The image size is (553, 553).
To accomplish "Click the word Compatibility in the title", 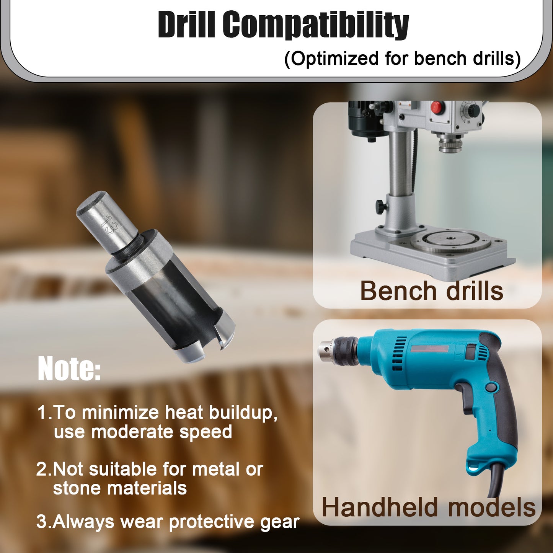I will [x=316, y=25].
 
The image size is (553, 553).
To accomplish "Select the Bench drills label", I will [x=431, y=292].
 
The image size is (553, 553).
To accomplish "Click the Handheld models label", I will [x=428, y=507].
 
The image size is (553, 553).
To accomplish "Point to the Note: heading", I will [x=69, y=369].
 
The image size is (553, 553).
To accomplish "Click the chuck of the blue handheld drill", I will [x=338, y=350].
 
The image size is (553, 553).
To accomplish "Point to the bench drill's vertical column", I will [x=401, y=165].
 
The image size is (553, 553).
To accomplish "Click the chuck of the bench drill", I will [x=450, y=143].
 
